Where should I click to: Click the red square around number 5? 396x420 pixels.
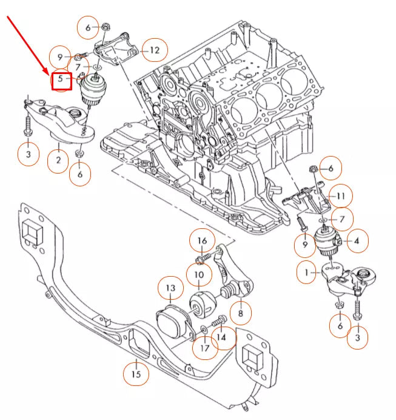(x=62, y=80)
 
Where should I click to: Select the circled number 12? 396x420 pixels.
(x=155, y=50)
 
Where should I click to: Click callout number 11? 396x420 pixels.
(x=340, y=196)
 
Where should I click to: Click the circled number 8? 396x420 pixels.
(x=241, y=313)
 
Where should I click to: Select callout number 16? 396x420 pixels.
(x=202, y=242)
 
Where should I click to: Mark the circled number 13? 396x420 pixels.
(x=170, y=288)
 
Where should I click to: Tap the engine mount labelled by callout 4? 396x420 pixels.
(x=328, y=242)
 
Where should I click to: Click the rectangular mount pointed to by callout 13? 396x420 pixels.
(x=171, y=322)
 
